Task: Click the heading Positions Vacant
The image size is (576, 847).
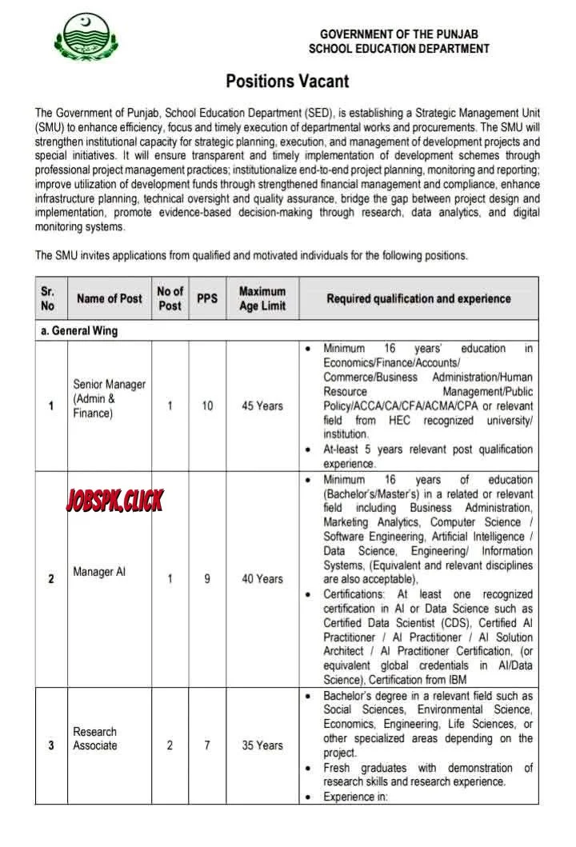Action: [287, 81]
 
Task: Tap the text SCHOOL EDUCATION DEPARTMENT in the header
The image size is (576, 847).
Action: [399, 49]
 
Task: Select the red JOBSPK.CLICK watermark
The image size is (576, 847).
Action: [114, 501]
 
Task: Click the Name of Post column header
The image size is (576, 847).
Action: [109, 298]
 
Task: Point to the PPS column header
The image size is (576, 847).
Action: [207, 298]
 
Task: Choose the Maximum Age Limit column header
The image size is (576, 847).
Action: [262, 298]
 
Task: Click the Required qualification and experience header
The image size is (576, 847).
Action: [418, 298]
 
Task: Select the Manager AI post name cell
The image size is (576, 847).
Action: [98, 573]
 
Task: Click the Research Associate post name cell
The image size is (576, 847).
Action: [95, 738]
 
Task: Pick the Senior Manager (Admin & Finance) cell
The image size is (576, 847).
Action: [109, 398]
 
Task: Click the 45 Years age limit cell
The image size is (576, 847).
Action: [262, 406]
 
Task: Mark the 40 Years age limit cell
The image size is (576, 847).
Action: [262, 578]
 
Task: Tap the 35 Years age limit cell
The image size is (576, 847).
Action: [262, 745]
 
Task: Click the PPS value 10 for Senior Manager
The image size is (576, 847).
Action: [207, 406]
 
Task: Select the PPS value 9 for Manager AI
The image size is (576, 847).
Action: [207, 578]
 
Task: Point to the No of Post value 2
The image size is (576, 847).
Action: [170, 745]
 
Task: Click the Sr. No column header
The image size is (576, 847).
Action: [49, 298]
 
